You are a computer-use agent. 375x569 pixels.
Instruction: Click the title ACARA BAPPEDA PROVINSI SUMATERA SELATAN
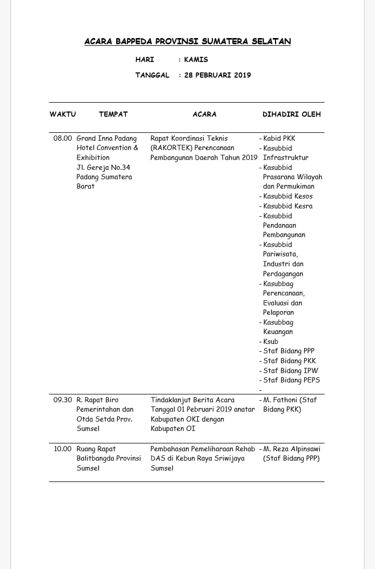[x=187, y=42]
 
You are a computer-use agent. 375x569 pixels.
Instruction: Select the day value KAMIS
[x=196, y=59]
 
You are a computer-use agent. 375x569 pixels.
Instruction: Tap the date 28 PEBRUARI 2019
[x=217, y=75]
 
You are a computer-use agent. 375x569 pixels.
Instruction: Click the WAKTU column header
[x=63, y=114]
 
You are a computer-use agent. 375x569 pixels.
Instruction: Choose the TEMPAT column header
[x=113, y=114]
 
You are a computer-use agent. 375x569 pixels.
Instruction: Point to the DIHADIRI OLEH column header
[x=292, y=114]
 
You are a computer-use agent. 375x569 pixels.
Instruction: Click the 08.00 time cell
[x=63, y=139]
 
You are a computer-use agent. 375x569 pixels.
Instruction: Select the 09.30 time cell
[x=63, y=400]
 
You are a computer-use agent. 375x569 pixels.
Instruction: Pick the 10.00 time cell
[x=63, y=449]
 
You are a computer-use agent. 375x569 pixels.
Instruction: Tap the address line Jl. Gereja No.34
[x=103, y=167]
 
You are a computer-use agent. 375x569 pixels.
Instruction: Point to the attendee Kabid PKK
[x=279, y=139]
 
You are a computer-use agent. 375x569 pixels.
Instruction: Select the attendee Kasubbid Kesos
[x=288, y=196]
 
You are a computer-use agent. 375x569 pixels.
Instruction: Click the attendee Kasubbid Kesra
[x=288, y=206]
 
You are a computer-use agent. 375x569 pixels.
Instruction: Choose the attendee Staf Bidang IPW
[x=291, y=371]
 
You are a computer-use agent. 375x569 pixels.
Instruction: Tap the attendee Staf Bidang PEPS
[x=292, y=380]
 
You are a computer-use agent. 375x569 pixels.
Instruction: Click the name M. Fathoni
[x=282, y=400]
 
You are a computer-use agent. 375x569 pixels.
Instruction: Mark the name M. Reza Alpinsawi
[x=292, y=449]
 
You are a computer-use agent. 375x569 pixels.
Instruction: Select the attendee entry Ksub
[x=271, y=342]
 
